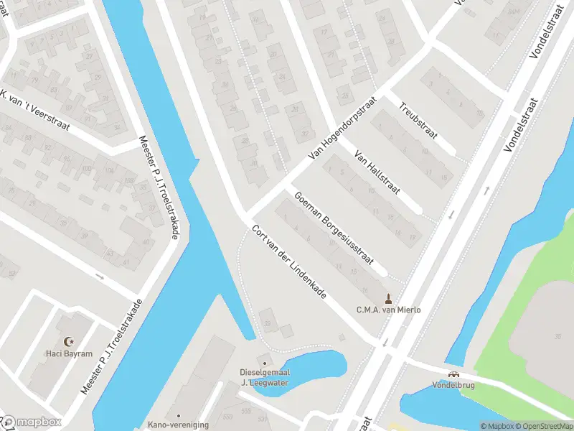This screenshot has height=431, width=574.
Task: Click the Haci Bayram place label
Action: click(70, 354)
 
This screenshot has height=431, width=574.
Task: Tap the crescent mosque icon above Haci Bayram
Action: click(70, 342)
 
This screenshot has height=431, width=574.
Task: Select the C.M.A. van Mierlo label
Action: click(388, 310)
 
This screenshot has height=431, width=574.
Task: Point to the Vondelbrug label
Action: click(453, 384)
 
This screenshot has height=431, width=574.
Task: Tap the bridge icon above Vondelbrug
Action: click(453, 374)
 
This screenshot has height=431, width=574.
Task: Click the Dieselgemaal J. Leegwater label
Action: click(264, 376)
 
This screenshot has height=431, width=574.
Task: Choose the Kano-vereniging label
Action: click(178, 425)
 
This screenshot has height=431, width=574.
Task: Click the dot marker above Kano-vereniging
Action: click(178, 415)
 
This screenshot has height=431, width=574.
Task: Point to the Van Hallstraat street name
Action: click(377, 173)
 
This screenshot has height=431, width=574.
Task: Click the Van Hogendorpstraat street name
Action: click(342, 129)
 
